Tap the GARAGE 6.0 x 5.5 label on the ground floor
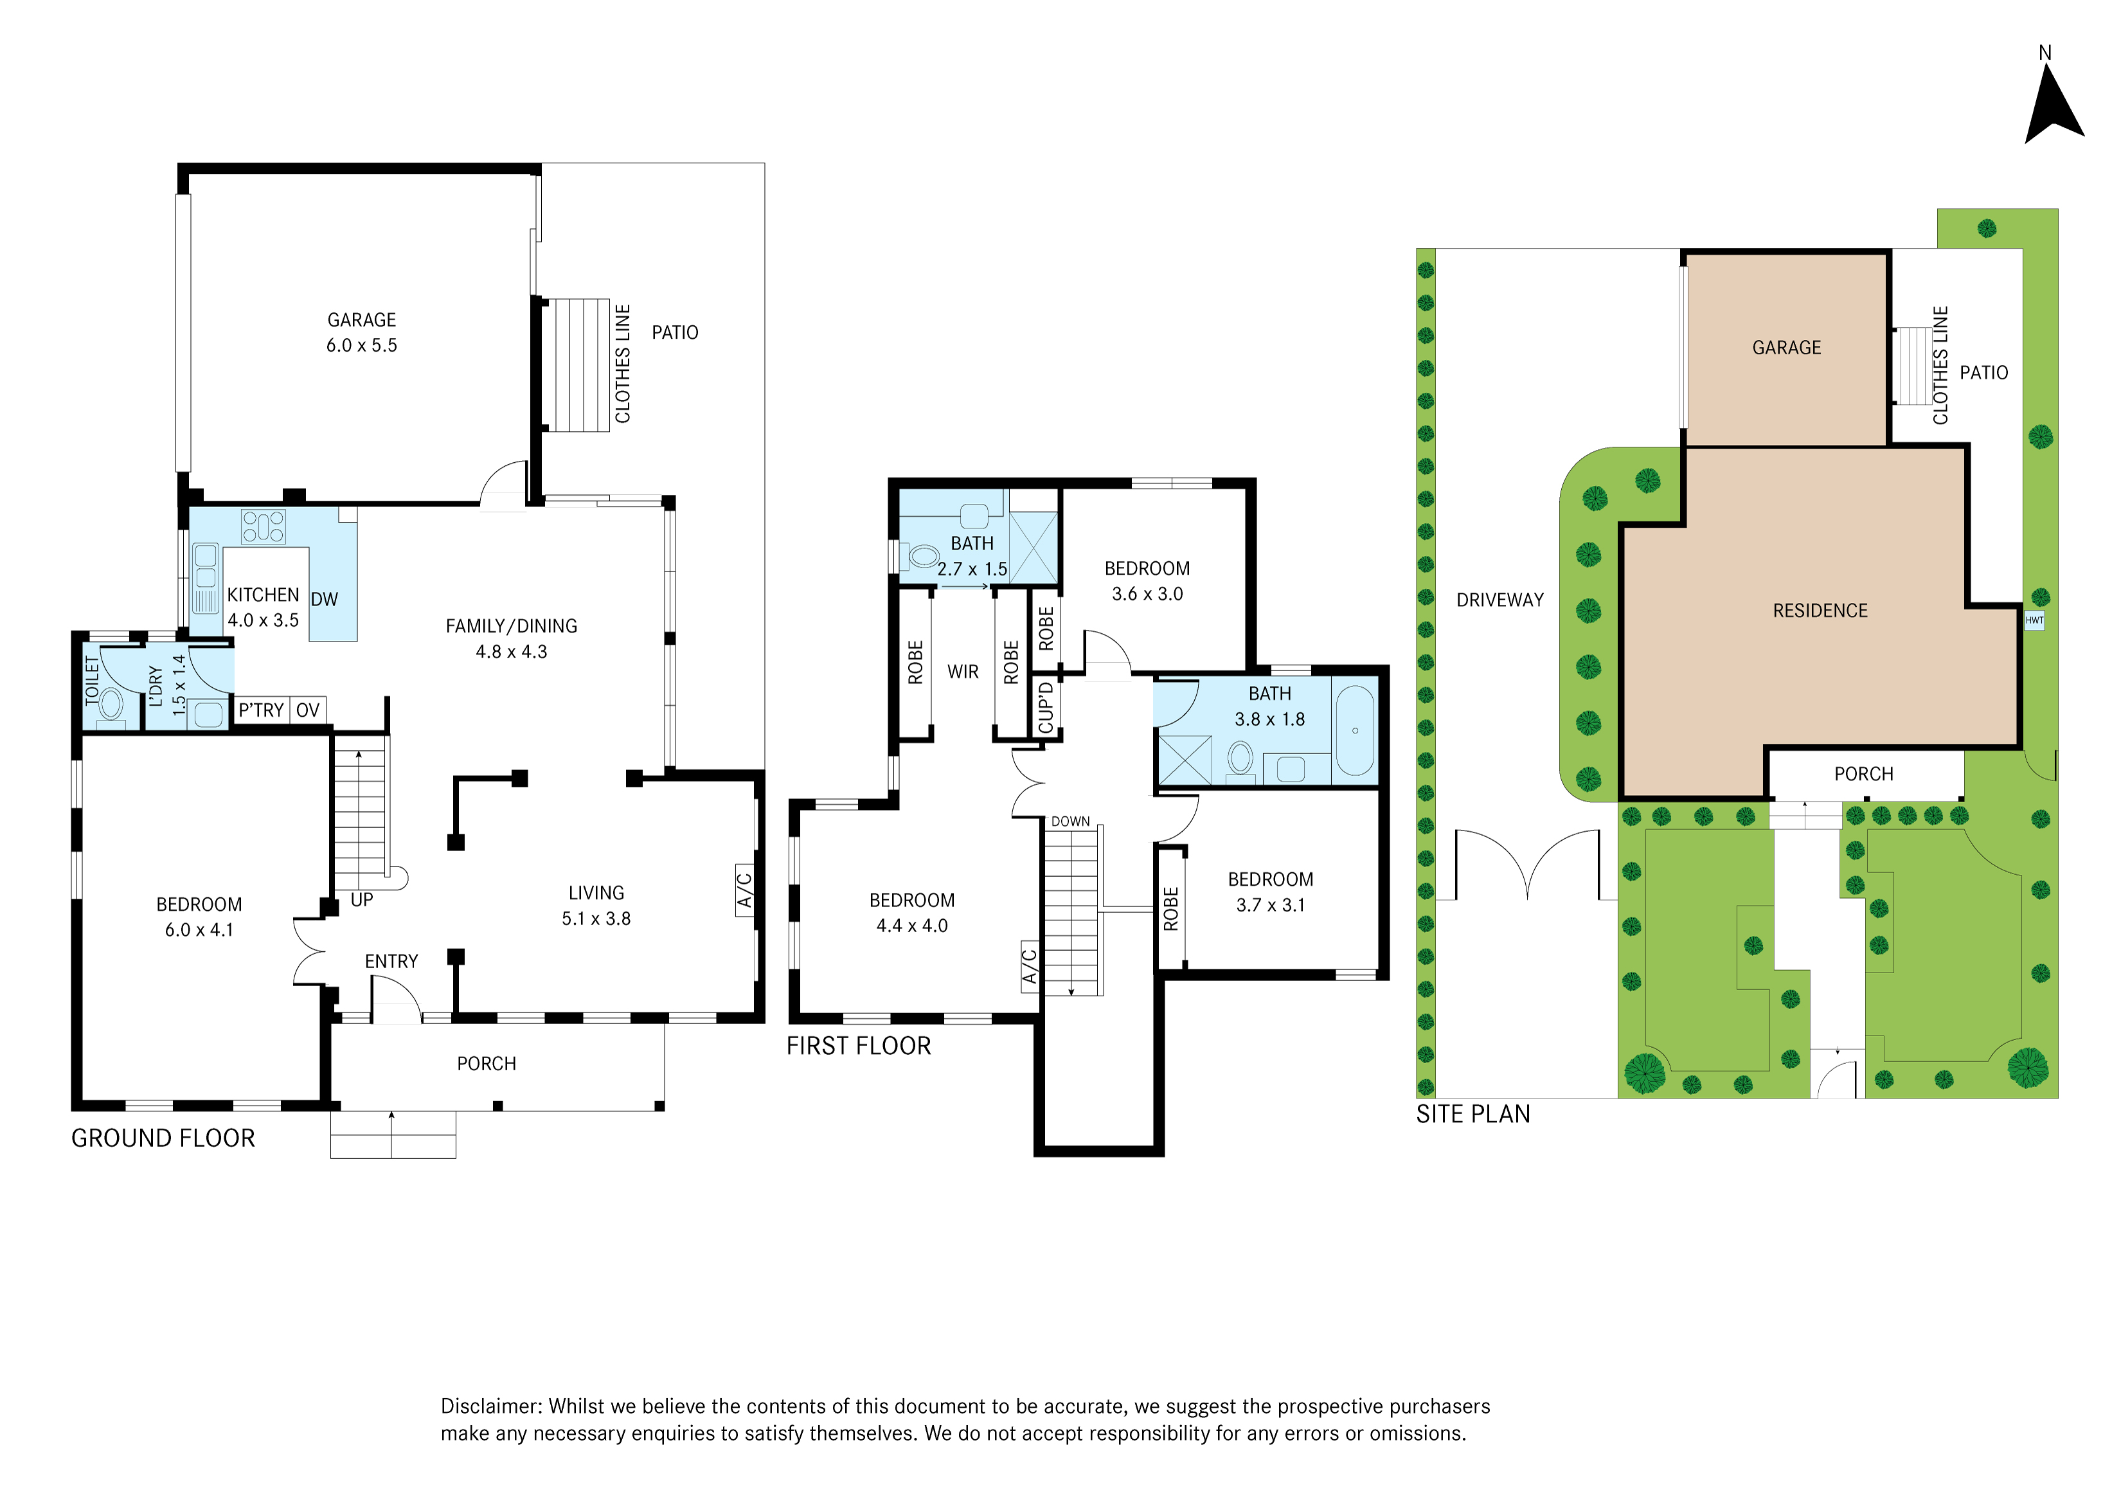tap(361, 332)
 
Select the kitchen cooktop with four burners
tap(264, 526)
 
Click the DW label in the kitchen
tap(324, 600)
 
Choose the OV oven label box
tap(308, 710)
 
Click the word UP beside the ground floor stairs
tap(362, 899)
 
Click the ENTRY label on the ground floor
tap(391, 962)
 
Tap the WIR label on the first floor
tap(963, 672)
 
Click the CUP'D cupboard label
tap(1046, 708)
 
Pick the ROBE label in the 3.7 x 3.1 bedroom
tap(1171, 909)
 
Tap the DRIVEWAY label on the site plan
tap(1500, 600)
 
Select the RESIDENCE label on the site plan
tap(1820, 611)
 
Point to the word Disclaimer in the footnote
tap(490, 1406)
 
